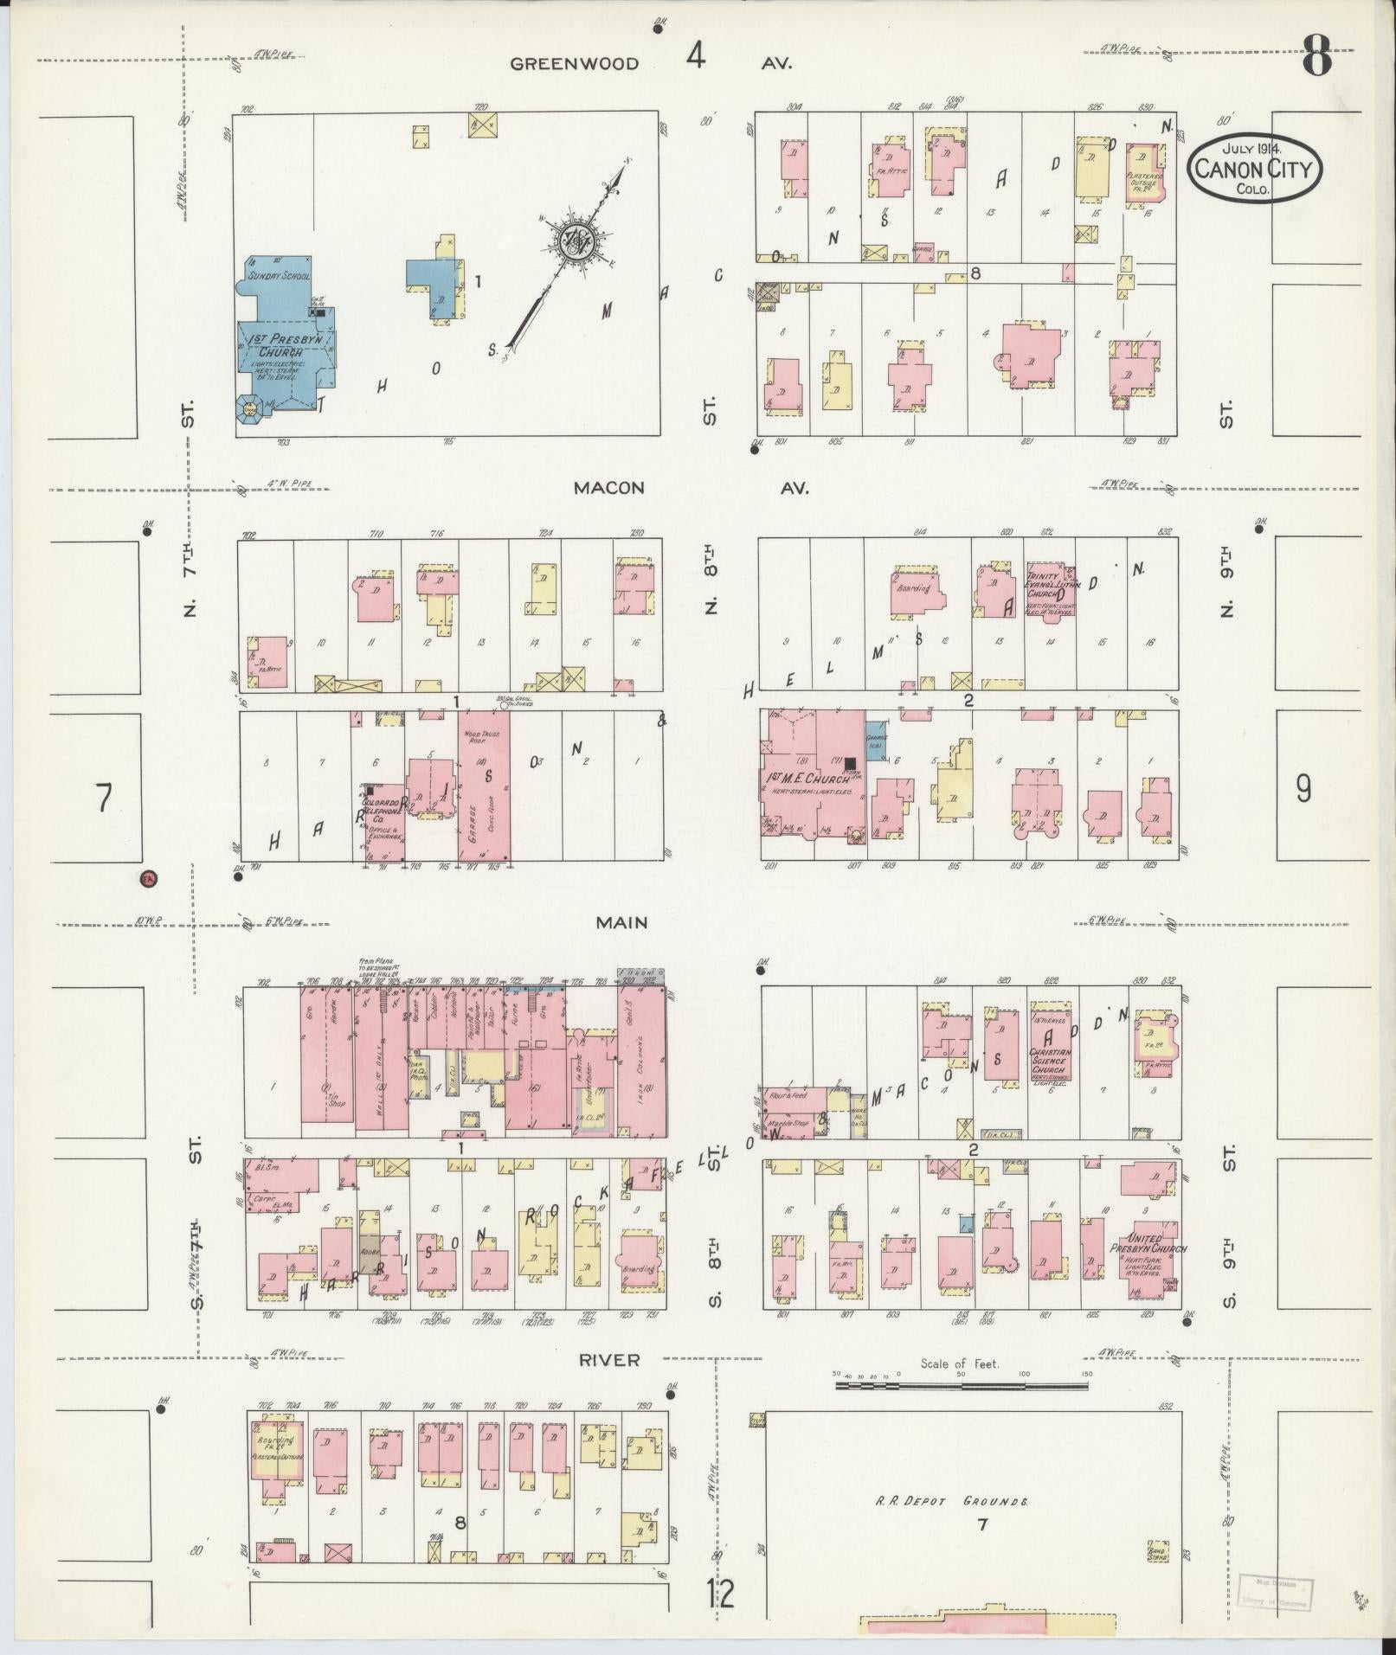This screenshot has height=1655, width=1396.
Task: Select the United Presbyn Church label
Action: tap(1148, 1248)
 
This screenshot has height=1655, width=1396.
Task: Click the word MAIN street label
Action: tap(622, 922)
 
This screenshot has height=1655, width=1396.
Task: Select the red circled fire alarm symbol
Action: tap(149, 879)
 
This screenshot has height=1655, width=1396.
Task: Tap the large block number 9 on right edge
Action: tap(1303, 788)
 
